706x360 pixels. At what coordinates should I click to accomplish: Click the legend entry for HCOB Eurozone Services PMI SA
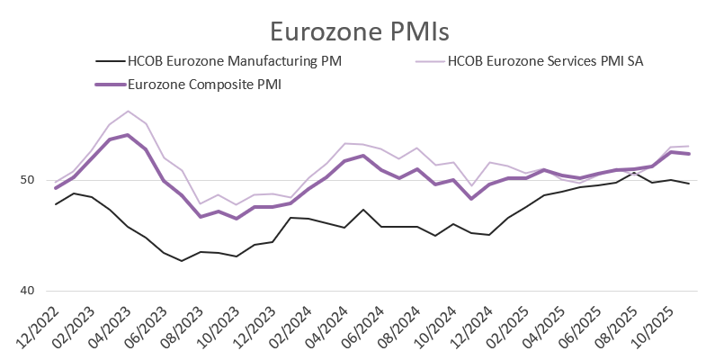coord(545,61)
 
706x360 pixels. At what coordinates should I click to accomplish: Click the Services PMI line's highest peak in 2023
coord(128,112)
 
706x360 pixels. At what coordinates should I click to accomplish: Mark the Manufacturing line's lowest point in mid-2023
coord(182,261)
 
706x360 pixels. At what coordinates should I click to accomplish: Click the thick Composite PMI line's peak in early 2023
coord(128,135)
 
